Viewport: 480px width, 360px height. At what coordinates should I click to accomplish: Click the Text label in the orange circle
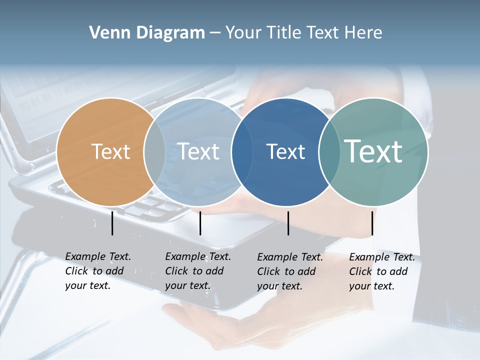coord(110,151)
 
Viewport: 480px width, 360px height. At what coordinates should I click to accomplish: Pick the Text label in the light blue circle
coord(198,151)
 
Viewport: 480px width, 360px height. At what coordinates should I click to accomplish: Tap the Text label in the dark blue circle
coord(285,151)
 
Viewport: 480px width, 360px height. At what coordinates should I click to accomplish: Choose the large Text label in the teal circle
coord(373,151)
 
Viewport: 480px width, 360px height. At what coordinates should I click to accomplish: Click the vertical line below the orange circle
coord(112,223)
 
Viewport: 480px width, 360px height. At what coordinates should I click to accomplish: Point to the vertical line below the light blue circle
coord(200,223)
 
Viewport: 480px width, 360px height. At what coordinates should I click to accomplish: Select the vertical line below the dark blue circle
coord(288,223)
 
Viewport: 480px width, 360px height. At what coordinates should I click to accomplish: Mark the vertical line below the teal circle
coord(372,223)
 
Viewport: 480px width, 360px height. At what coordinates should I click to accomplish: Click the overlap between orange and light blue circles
coord(154,152)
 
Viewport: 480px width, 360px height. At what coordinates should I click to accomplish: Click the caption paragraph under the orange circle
coord(98,271)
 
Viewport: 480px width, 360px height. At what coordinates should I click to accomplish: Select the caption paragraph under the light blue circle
coord(198,271)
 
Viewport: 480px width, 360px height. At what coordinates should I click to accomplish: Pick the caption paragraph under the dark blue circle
coord(290,271)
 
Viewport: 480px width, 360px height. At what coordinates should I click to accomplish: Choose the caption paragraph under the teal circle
coord(382,271)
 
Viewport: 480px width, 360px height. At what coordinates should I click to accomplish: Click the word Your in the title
coord(242,33)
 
